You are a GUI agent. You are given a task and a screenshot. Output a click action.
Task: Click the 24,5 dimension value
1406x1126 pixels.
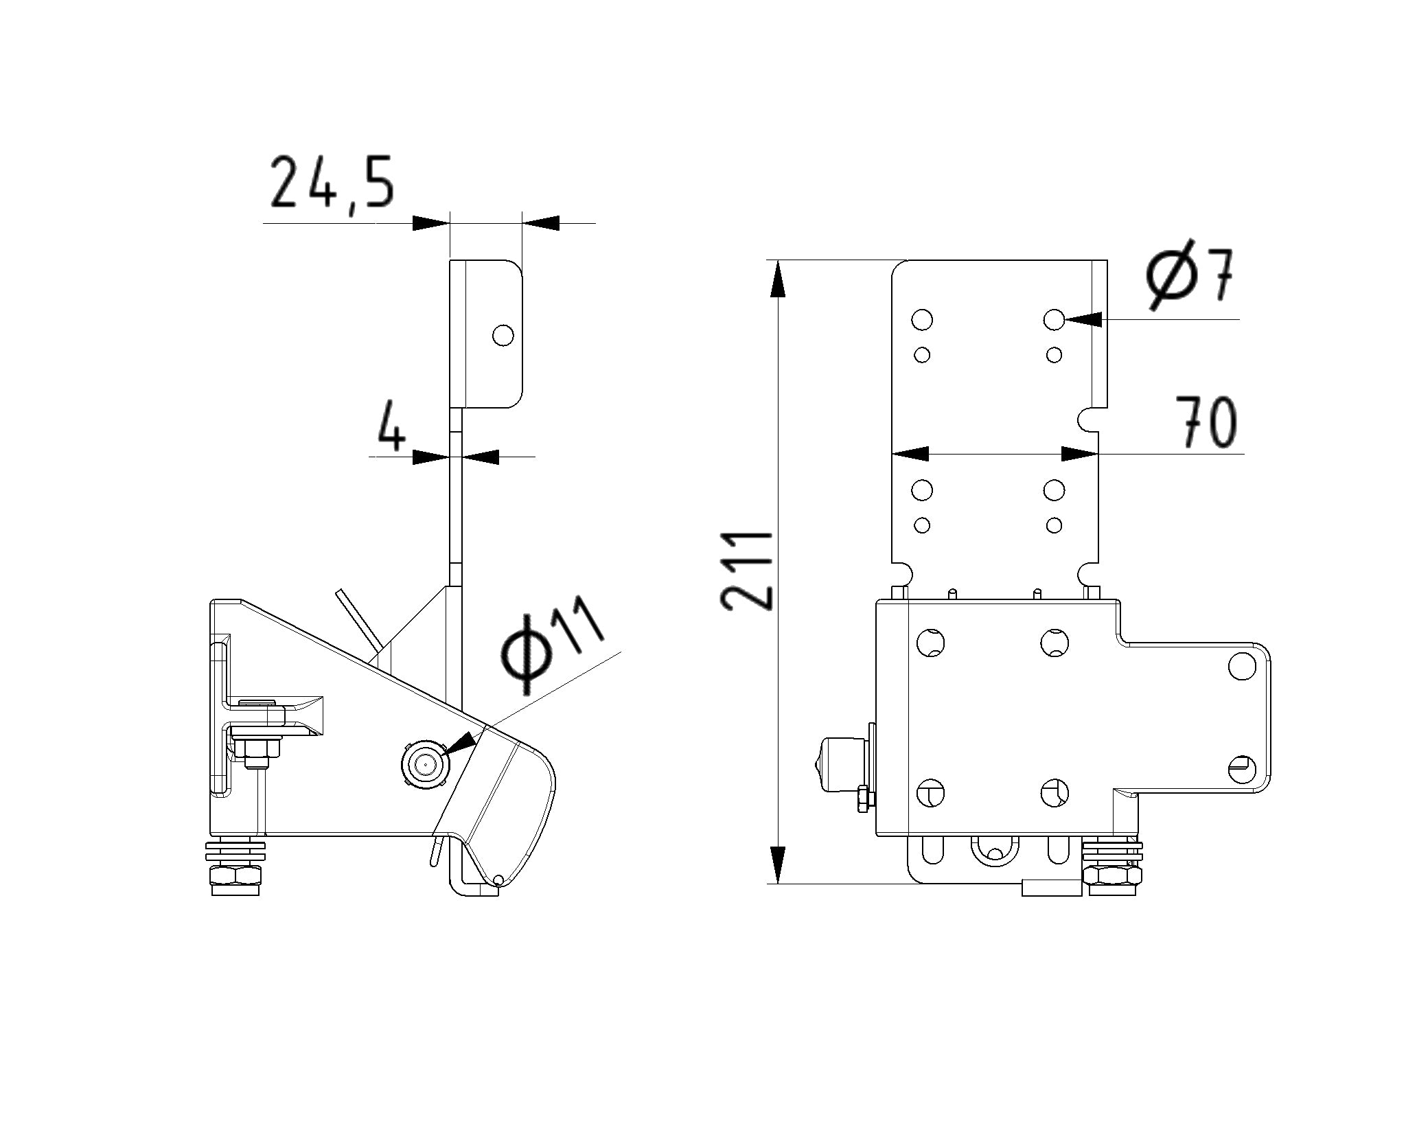pyautogui.click(x=332, y=182)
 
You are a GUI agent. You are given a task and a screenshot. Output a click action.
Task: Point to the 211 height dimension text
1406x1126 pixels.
pyautogui.click(x=747, y=571)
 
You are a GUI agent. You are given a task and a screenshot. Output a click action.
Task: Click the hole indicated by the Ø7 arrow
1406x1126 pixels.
pyautogui.click(x=1054, y=319)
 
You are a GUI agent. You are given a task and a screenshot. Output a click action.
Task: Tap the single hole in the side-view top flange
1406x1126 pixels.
pyautogui.click(x=503, y=335)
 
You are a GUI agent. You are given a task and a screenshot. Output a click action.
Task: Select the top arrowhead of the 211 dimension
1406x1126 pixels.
pyautogui.click(x=777, y=279)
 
